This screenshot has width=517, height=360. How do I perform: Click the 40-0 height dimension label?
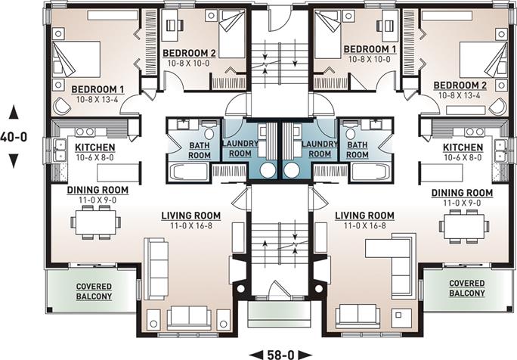14,136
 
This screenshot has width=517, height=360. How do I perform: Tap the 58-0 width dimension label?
280,355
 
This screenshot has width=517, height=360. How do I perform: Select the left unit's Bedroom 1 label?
98,89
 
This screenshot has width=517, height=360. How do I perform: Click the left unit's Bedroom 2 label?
189,53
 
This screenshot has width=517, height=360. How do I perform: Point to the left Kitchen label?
95,147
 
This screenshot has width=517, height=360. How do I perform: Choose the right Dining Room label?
463,193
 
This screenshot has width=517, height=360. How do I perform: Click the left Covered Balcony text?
94,291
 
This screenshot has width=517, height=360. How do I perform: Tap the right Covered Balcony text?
467,288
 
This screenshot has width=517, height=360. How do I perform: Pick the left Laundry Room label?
240,148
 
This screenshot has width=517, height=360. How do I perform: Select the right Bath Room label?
358,150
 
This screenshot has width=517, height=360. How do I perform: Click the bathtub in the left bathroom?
189,172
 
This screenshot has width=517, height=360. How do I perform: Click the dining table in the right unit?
465,225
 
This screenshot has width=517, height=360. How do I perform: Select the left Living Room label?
191,216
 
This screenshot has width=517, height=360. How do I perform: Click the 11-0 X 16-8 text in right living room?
364,225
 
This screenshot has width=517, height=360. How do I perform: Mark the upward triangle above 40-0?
14,112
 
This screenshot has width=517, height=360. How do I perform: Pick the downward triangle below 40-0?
14,161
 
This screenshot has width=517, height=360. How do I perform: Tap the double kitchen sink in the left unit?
60,151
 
